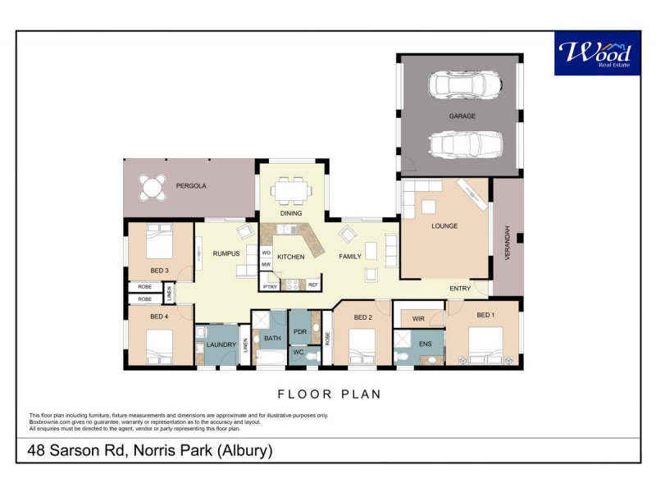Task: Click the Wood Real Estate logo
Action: click(597, 53)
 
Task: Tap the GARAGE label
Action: click(462, 116)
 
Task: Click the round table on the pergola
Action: click(151, 188)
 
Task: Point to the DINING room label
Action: click(291, 213)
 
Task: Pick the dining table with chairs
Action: click(291, 191)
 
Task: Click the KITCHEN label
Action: click(290, 257)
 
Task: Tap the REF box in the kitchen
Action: click(312, 285)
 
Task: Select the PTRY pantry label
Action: click(270, 285)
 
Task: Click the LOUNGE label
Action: click(444, 225)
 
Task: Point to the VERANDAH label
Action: click(508, 243)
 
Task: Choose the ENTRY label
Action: click(460, 289)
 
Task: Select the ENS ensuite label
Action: click(425, 344)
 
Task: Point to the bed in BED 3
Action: click(160, 244)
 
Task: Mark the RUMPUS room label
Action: click(225, 253)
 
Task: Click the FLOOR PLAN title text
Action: click(329, 394)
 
